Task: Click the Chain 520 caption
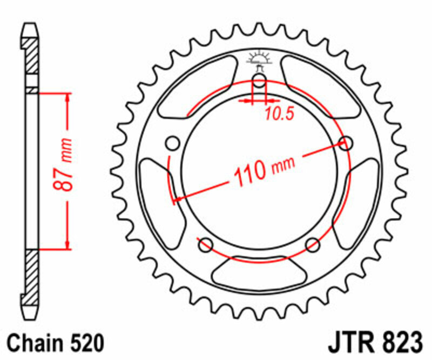pyautogui.click(x=55, y=343)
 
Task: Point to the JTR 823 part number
pyautogui.click(x=374, y=343)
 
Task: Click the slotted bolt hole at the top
pyautogui.click(x=260, y=83)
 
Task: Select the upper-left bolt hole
pyautogui.click(x=173, y=144)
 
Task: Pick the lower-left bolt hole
pyautogui.click(x=205, y=245)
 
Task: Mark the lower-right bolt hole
pyautogui.click(x=313, y=245)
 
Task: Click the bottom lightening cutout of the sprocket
pyautogui.click(x=259, y=272)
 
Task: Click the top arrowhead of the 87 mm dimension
pyautogui.click(x=67, y=97)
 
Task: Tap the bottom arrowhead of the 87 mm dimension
pyautogui.click(x=67, y=245)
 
